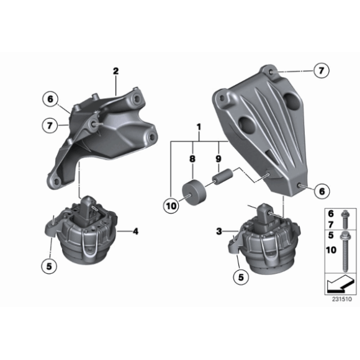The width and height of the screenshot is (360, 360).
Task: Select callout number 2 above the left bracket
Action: pyautogui.click(x=115, y=72)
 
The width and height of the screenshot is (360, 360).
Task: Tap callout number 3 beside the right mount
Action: pyautogui.click(x=219, y=231)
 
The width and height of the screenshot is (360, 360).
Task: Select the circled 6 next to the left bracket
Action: pyautogui.click(x=50, y=98)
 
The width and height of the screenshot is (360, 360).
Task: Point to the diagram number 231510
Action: pyautogui.click(x=341, y=299)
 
